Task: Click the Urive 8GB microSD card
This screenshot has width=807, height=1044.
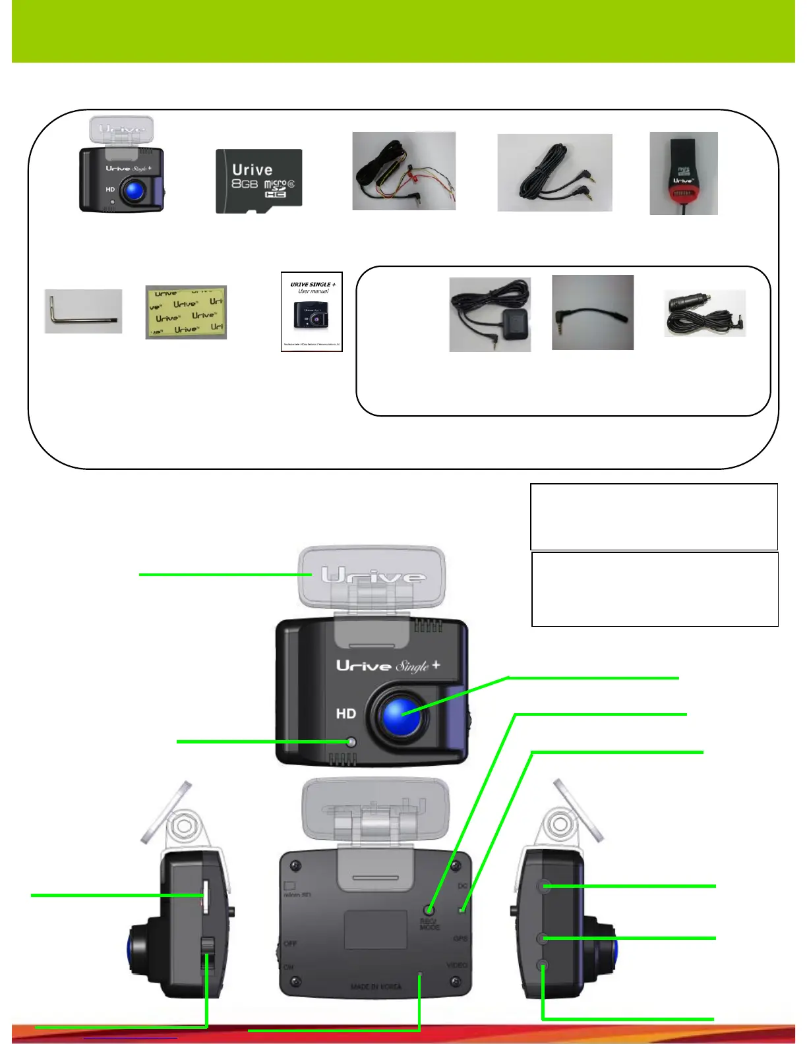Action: tap(258, 181)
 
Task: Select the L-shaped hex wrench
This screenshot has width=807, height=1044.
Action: tap(82, 311)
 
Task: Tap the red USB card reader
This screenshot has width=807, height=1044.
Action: tap(683, 173)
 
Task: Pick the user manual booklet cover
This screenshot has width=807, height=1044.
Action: tap(311, 312)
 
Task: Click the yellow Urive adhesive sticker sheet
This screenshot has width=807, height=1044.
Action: tap(186, 312)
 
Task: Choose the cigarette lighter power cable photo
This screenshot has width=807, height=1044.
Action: tap(705, 313)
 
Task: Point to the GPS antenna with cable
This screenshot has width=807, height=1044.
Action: tap(490, 314)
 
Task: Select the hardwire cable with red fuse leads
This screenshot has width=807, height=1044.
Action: tap(403, 171)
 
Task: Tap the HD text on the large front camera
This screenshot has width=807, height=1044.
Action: tap(346, 714)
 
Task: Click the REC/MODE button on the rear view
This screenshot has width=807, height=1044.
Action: tap(431, 910)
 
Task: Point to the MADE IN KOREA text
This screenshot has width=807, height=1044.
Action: tap(376, 987)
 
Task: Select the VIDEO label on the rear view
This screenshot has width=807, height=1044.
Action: tap(457, 965)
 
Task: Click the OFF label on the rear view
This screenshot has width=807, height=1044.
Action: tap(290, 944)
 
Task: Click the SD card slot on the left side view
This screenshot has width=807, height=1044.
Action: tap(205, 896)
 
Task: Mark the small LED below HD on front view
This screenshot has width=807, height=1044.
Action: tap(351, 742)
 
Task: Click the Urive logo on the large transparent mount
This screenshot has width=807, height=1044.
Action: tap(373, 577)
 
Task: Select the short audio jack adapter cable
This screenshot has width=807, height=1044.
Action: tap(592, 312)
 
